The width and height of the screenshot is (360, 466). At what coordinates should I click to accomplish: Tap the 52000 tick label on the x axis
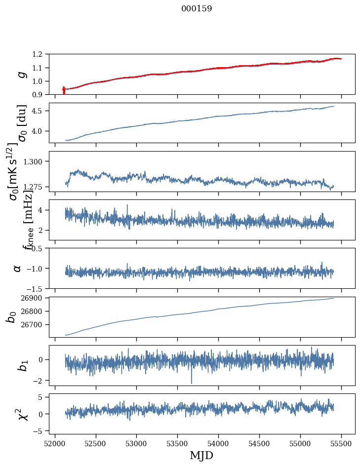click(x=55, y=443)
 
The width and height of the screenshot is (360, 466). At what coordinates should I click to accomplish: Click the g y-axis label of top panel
click(x=21, y=74)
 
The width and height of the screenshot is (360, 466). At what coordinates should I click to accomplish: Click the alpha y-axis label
click(x=18, y=268)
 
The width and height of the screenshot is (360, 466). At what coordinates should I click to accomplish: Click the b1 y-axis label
click(x=20, y=365)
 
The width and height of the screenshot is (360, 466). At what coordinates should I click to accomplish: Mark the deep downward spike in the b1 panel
click(x=192, y=383)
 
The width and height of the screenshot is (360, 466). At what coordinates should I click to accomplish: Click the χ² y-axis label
click(x=20, y=414)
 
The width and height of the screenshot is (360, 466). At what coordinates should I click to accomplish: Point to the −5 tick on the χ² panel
click(x=39, y=431)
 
